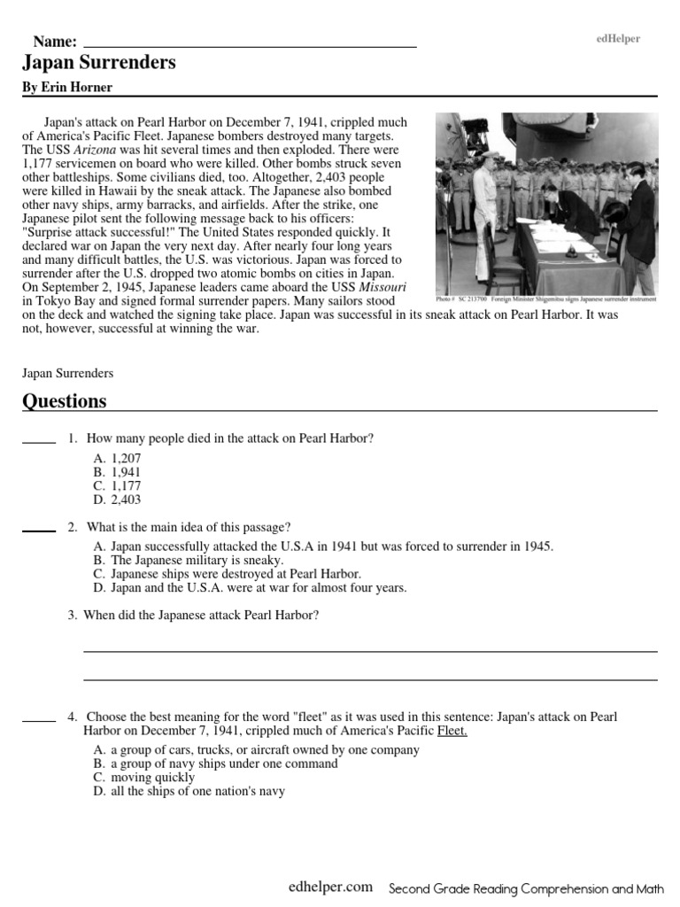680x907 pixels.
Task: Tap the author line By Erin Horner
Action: point(66,88)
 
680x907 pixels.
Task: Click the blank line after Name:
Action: point(250,43)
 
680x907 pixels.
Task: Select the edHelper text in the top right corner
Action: point(618,39)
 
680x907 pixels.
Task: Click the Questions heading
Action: point(64,401)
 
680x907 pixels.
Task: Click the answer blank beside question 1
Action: point(39,441)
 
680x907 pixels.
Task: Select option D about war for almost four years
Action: point(249,587)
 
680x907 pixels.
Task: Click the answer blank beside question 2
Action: point(39,530)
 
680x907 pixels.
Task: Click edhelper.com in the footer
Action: point(330,887)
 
